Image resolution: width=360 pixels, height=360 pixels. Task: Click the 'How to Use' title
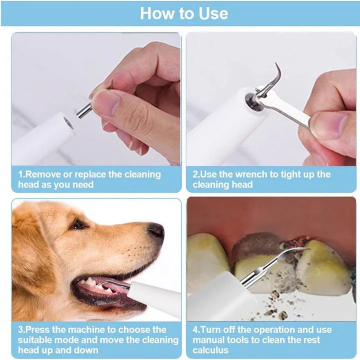click(x=184, y=13)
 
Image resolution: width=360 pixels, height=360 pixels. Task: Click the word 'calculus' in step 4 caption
click(x=210, y=350)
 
